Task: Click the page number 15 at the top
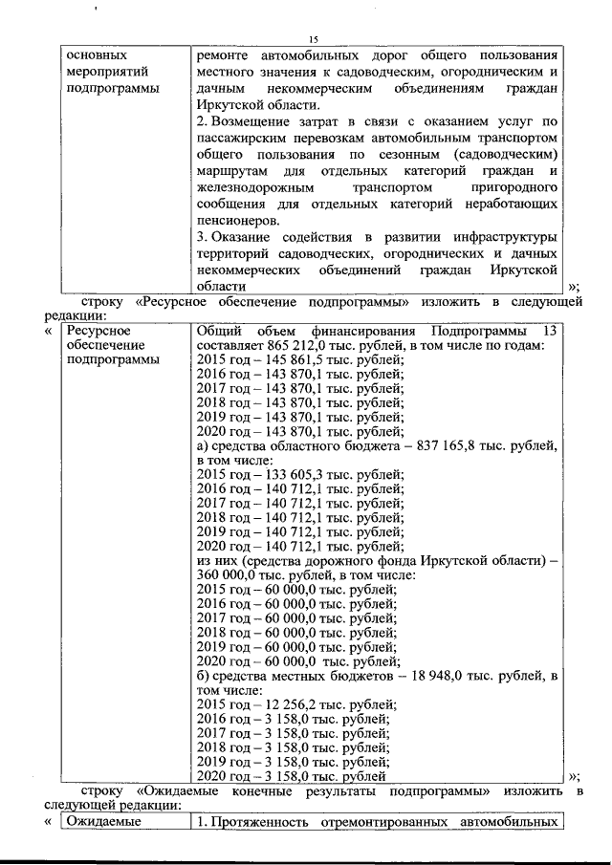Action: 313,37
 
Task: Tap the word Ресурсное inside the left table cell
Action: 98,330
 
